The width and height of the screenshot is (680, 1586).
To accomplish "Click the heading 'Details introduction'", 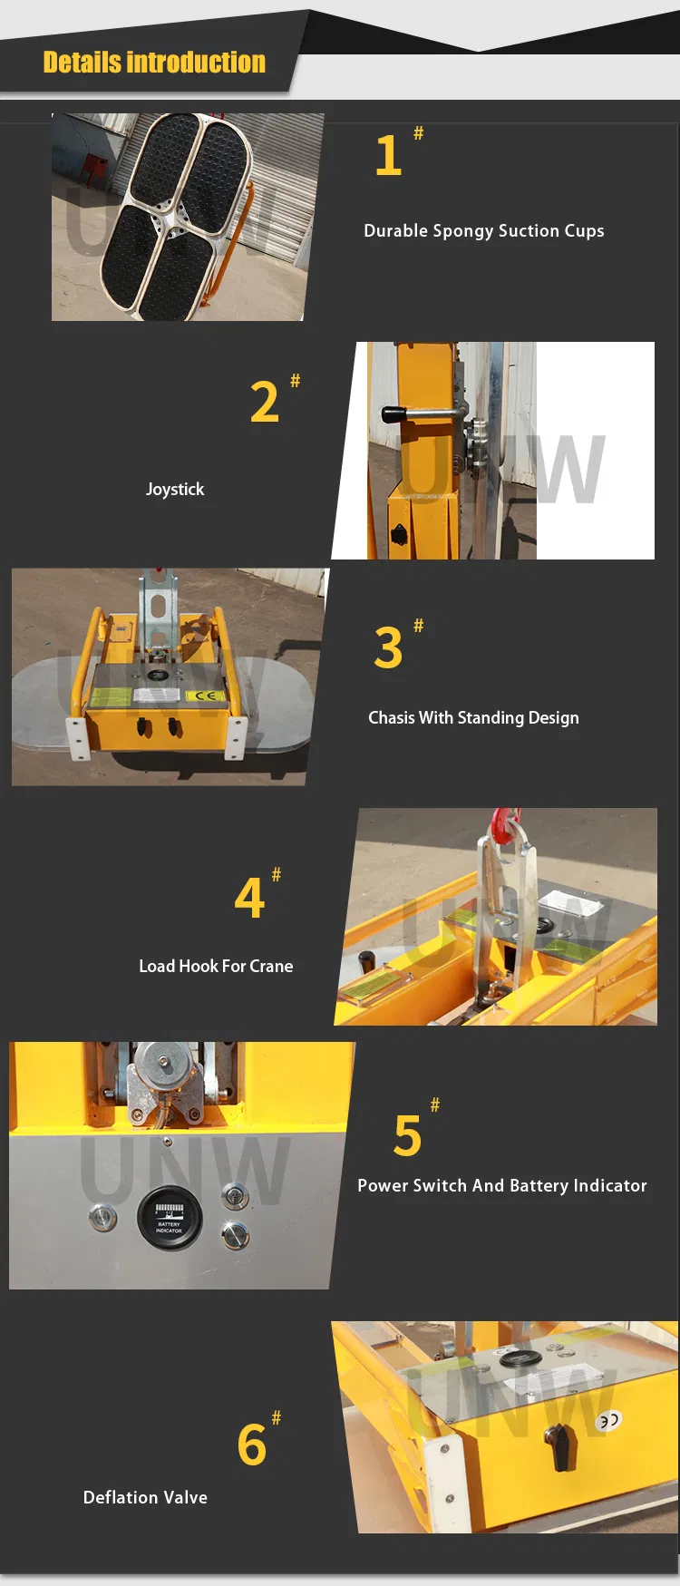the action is [154, 62].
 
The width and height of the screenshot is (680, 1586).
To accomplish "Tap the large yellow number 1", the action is [388, 156].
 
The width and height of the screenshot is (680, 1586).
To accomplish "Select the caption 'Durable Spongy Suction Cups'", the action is [484, 231].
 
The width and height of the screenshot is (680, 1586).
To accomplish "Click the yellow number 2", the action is [264, 402].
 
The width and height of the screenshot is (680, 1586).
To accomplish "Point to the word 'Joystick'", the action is [175, 490].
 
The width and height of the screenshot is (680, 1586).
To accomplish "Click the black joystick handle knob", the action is [394, 414].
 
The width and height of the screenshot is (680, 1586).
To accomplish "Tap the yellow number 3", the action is [388, 647].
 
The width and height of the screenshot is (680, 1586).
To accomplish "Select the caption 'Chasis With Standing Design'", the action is [473, 718].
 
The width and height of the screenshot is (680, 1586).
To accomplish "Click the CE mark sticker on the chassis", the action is [205, 696].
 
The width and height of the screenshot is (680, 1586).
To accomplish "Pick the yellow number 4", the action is [249, 898].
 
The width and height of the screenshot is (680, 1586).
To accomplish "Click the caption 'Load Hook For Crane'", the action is [216, 967].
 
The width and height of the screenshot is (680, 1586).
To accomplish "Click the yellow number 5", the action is [408, 1136].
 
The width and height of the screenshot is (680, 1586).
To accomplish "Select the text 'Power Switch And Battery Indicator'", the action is [502, 1186].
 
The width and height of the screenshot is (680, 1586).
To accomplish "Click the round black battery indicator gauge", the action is [170, 1218].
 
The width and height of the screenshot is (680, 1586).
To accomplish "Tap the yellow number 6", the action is [252, 1445].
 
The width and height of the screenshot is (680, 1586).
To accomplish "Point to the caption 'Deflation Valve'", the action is [145, 1498].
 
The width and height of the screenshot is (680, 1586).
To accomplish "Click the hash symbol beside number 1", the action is [418, 133].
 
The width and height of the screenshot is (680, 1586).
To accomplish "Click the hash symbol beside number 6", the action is [277, 1417].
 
